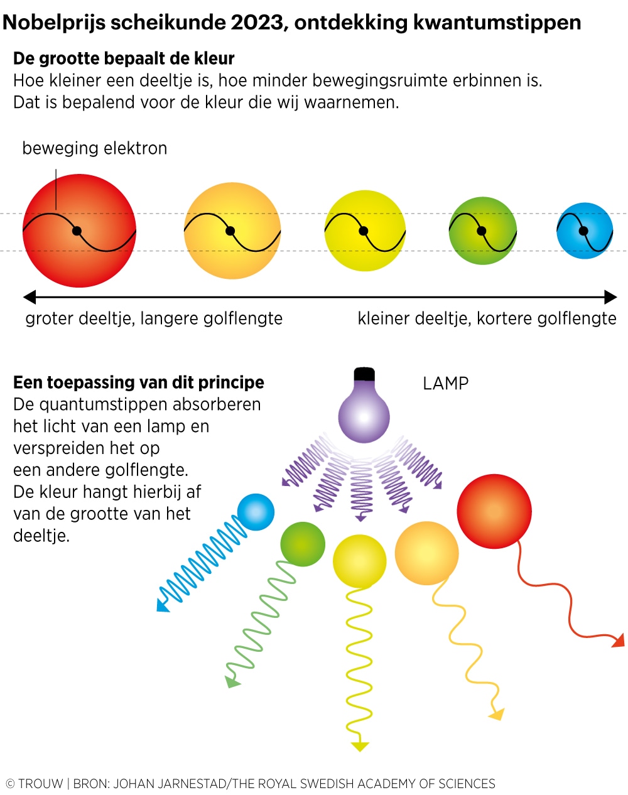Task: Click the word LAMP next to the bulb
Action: [x=445, y=383]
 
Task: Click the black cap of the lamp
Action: [x=364, y=374]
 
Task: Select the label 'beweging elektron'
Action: [x=95, y=148]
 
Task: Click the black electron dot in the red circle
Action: [x=77, y=231]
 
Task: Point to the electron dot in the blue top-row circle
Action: [x=583, y=231]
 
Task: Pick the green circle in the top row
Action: [x=482, y=231]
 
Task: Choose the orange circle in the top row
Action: [x=232, y=231]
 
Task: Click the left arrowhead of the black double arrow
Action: [x=29, y=297]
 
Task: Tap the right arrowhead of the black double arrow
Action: [x=611, y=297]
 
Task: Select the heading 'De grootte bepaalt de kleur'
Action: [x=124, y=59]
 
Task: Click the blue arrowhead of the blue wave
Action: [x=163, y=605]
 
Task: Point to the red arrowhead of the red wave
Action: [x=619, y=641]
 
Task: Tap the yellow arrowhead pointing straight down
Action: [x=360, y=745]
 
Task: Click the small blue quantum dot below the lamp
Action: [x=256, y=512]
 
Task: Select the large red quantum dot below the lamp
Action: [x=494, y=512]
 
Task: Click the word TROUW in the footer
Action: [x=41, y=784]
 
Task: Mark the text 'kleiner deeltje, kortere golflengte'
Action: [x=487, y=318]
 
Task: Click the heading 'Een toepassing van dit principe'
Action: [x=139, y=382]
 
